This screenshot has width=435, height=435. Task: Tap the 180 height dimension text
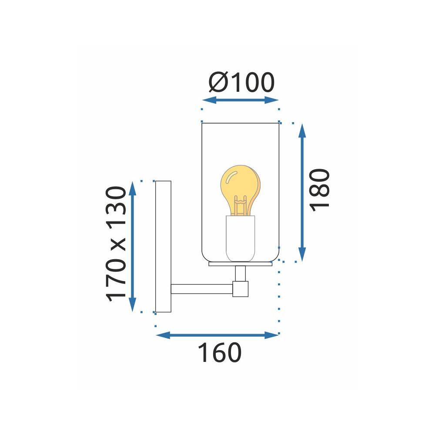[x=321, y=190]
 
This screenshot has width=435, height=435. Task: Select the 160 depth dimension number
[x=219, y=353]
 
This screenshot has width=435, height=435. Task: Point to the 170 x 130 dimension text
[x=117, y=244]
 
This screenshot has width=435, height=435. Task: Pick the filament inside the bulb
[x=240, y=206]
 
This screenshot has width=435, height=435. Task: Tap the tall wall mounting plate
[x=164, y=246]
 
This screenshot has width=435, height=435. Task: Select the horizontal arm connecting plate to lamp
[x=202, y=288]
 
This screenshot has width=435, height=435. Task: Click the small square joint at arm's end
[x=240, y=289]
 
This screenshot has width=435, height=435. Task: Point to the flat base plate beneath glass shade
[x=240, y=264]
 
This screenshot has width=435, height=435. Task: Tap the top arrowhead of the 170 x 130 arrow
[x=133, y=187]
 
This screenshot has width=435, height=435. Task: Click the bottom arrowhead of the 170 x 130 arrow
[x=133, y=305]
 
